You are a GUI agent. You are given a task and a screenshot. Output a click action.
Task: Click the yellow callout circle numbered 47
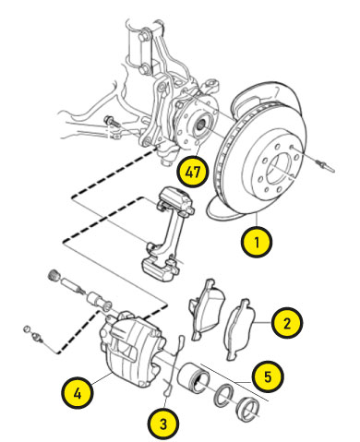193,172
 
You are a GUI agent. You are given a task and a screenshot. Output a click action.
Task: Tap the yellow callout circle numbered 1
257,242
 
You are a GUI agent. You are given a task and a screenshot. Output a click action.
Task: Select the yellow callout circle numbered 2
287,323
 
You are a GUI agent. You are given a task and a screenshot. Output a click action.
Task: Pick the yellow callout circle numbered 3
163,424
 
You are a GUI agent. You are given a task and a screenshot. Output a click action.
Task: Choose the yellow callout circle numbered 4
78,393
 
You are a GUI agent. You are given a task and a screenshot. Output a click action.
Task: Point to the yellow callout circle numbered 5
268,376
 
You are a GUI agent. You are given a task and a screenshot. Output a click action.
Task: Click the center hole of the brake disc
280,169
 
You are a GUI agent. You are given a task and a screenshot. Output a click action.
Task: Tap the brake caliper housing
131,349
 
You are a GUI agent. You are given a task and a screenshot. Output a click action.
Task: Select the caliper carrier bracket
169,233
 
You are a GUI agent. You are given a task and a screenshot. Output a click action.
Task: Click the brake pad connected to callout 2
241,329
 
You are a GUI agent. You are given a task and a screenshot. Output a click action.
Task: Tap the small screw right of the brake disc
326,165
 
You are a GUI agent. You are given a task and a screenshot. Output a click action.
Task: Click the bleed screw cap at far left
27,329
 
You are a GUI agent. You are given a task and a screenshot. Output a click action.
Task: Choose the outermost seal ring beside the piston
248,410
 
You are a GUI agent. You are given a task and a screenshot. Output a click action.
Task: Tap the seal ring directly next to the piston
224,395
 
